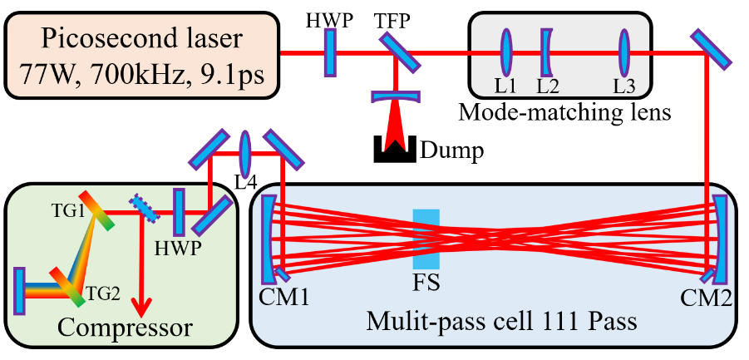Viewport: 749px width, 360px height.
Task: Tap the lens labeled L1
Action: (505, 52)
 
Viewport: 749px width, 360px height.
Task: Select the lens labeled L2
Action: (546, 52)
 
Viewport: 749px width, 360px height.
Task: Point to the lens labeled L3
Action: (623, 52)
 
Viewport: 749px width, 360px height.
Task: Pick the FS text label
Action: (426, 282)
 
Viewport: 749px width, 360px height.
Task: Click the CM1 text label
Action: (283, 297)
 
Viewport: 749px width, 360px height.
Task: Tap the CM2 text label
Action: (706, 297)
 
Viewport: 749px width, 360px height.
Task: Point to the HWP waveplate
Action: (177, 212)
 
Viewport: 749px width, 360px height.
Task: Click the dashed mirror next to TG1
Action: (144, 208)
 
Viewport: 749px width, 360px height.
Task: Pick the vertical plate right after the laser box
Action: (329, 52)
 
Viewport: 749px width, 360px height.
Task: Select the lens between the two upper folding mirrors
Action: (245, 154)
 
